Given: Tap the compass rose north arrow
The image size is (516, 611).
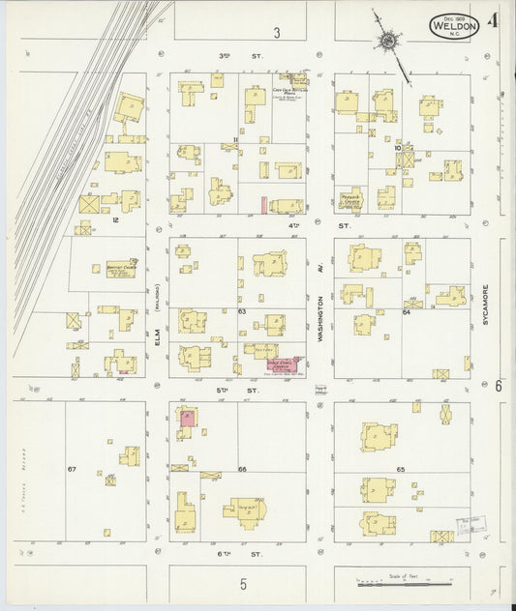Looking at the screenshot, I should (x=389, y=41).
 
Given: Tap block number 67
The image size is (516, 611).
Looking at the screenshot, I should (x=72, y=469).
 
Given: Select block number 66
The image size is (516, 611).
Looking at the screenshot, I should (x=242, y=469).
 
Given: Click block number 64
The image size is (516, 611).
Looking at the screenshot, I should (x=407, y=312).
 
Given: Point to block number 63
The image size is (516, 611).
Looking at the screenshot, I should (x=242, y=311).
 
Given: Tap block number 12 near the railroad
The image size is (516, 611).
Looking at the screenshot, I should (x=114, y=221).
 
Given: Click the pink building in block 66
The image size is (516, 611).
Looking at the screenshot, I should (x=186, y=418).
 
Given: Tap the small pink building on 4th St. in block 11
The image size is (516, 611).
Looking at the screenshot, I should (x=263, y=205).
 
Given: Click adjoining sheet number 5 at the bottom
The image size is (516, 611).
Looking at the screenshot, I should (x=244, y=583).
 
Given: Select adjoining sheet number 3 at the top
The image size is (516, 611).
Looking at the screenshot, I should (x=276, y=33).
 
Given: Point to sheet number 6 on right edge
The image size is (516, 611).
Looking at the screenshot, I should (x=500, y=386).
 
